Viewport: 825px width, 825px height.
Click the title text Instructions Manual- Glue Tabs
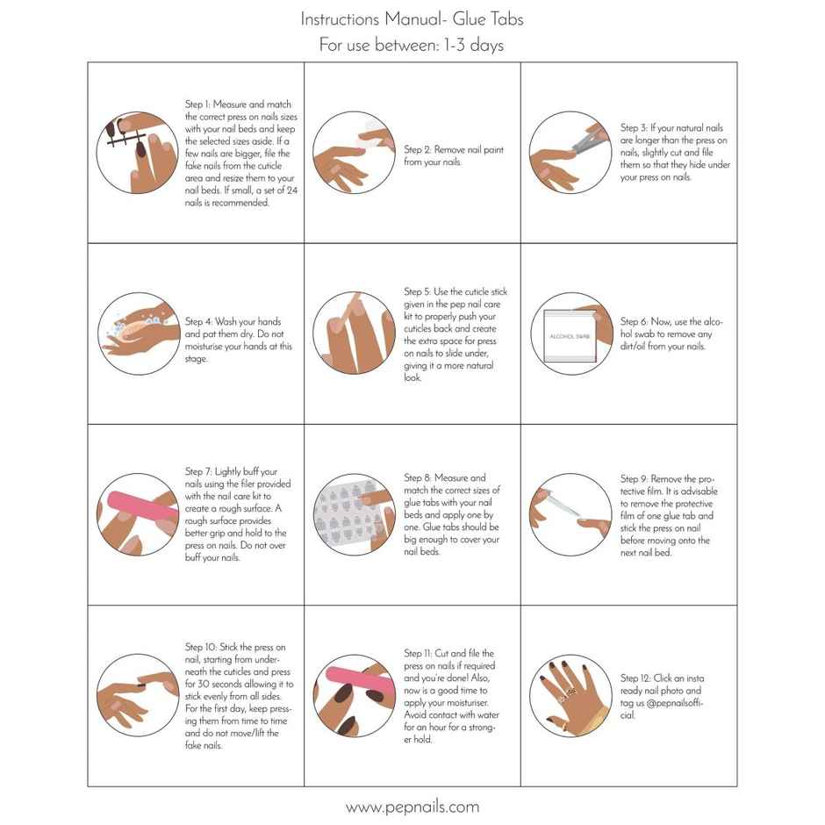[412, 18]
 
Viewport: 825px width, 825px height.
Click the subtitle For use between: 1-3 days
[412, 45]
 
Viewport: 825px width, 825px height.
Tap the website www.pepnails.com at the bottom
[412, 807]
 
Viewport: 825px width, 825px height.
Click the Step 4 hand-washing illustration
[134, 334]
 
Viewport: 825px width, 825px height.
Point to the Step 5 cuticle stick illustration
[352, 334]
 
